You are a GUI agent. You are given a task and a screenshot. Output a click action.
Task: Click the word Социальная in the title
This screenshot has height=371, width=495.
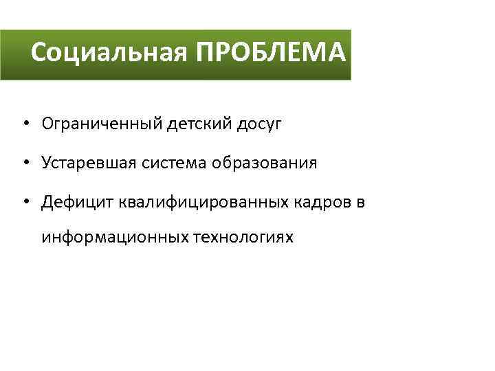109,54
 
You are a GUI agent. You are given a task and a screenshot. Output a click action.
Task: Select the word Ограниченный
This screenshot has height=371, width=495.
102,124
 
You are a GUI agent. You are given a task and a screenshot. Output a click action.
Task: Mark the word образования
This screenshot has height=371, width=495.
266,164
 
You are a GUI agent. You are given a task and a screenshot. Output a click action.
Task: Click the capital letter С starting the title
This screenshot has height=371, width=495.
39,54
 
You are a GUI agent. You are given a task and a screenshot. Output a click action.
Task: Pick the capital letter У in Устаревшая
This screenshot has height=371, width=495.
46,164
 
